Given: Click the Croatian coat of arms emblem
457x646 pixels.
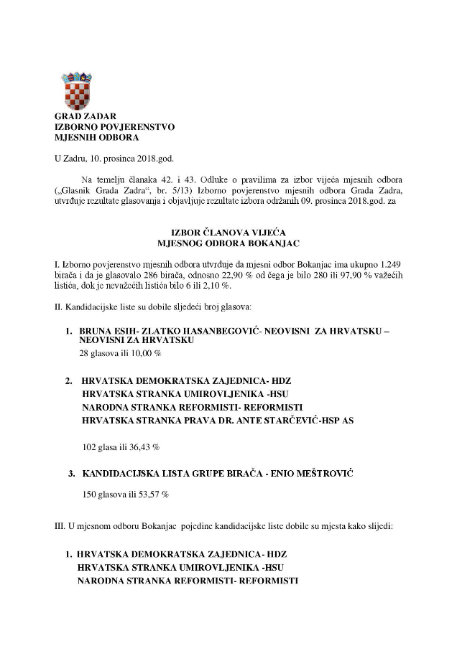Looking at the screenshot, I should pyautogui.click(x=75, y=90).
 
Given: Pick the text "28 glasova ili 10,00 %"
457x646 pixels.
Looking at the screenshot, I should pyautogui.click(x=120, y=354).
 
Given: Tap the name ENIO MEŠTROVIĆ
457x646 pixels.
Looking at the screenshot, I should pyautogui.click(x=310, y=474).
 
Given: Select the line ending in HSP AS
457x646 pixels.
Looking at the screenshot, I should pyautogui.click(x=218, y=421).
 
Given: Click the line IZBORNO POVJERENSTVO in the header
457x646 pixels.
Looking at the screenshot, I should pyautogui.click(x=115, y=127).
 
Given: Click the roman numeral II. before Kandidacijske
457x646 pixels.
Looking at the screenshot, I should pyautogui.click(x=60, y=306).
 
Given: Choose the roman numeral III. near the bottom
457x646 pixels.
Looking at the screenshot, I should pyautogui.click(x=61, y=526).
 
